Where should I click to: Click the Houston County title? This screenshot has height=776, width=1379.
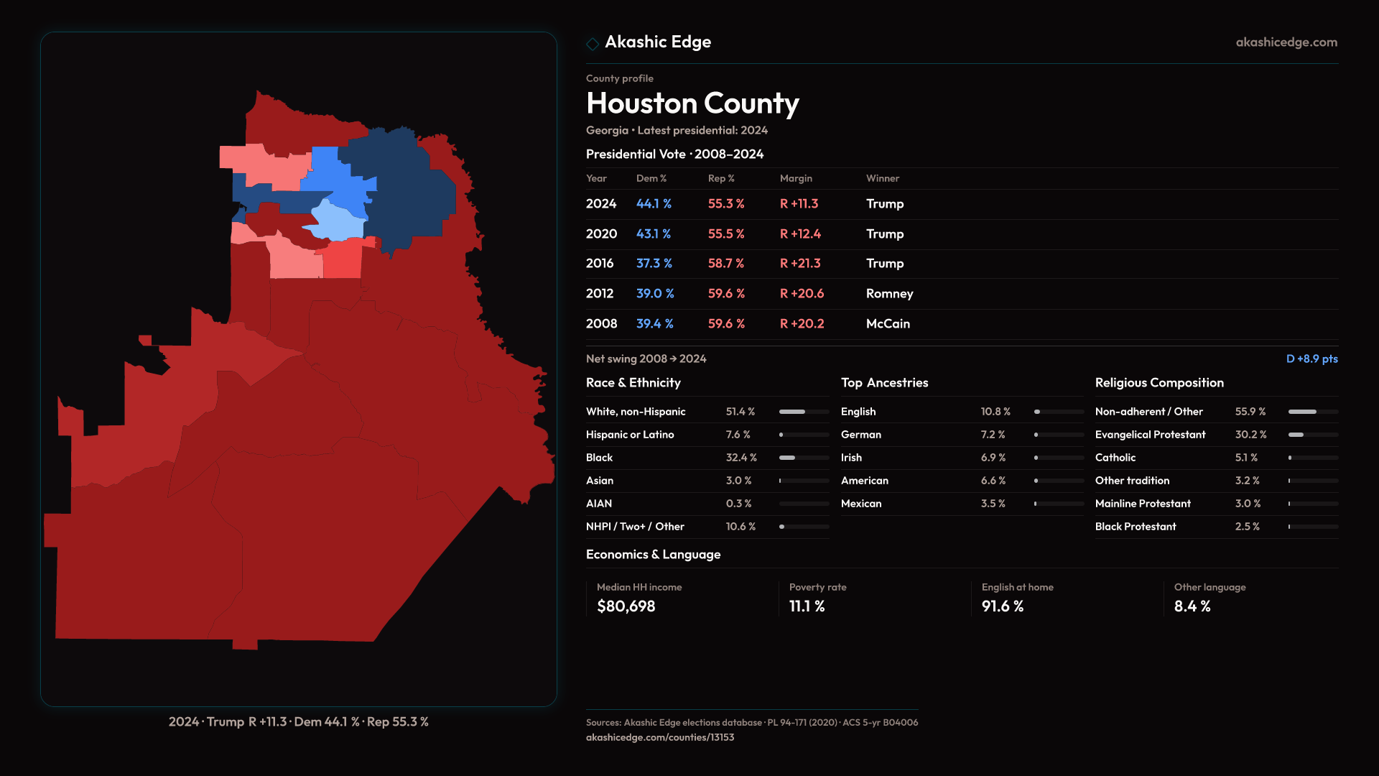(692, 103)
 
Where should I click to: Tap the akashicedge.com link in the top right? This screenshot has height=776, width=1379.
(1286, 42)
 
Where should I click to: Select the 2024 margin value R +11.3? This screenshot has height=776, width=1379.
(799, 204)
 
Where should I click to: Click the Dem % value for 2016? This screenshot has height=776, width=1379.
(654, 264)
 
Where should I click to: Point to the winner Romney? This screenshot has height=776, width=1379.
(889, 294)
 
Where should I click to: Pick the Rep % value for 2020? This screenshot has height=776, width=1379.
(725, 234)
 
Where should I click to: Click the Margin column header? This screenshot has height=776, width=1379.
(796, 178)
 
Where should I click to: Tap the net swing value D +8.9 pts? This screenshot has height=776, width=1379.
(1311, 359)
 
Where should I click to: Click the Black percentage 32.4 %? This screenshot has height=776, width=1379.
(740, 458)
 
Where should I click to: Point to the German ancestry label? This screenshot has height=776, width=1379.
(860, 435)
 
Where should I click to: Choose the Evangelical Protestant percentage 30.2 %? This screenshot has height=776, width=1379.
(1250, 435)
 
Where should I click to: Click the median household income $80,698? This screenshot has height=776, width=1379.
(626, 606)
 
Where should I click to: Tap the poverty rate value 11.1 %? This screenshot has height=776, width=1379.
(807, 606)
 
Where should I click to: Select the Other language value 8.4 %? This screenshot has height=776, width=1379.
(1192, 606)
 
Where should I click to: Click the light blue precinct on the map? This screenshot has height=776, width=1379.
(335, 221)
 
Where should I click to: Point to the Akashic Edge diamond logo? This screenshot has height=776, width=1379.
(593, 44)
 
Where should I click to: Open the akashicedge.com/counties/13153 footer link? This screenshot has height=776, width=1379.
(659, 737)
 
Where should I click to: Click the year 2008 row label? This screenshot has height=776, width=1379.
(601, 324)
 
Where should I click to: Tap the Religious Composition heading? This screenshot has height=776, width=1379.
(1159, 383)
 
